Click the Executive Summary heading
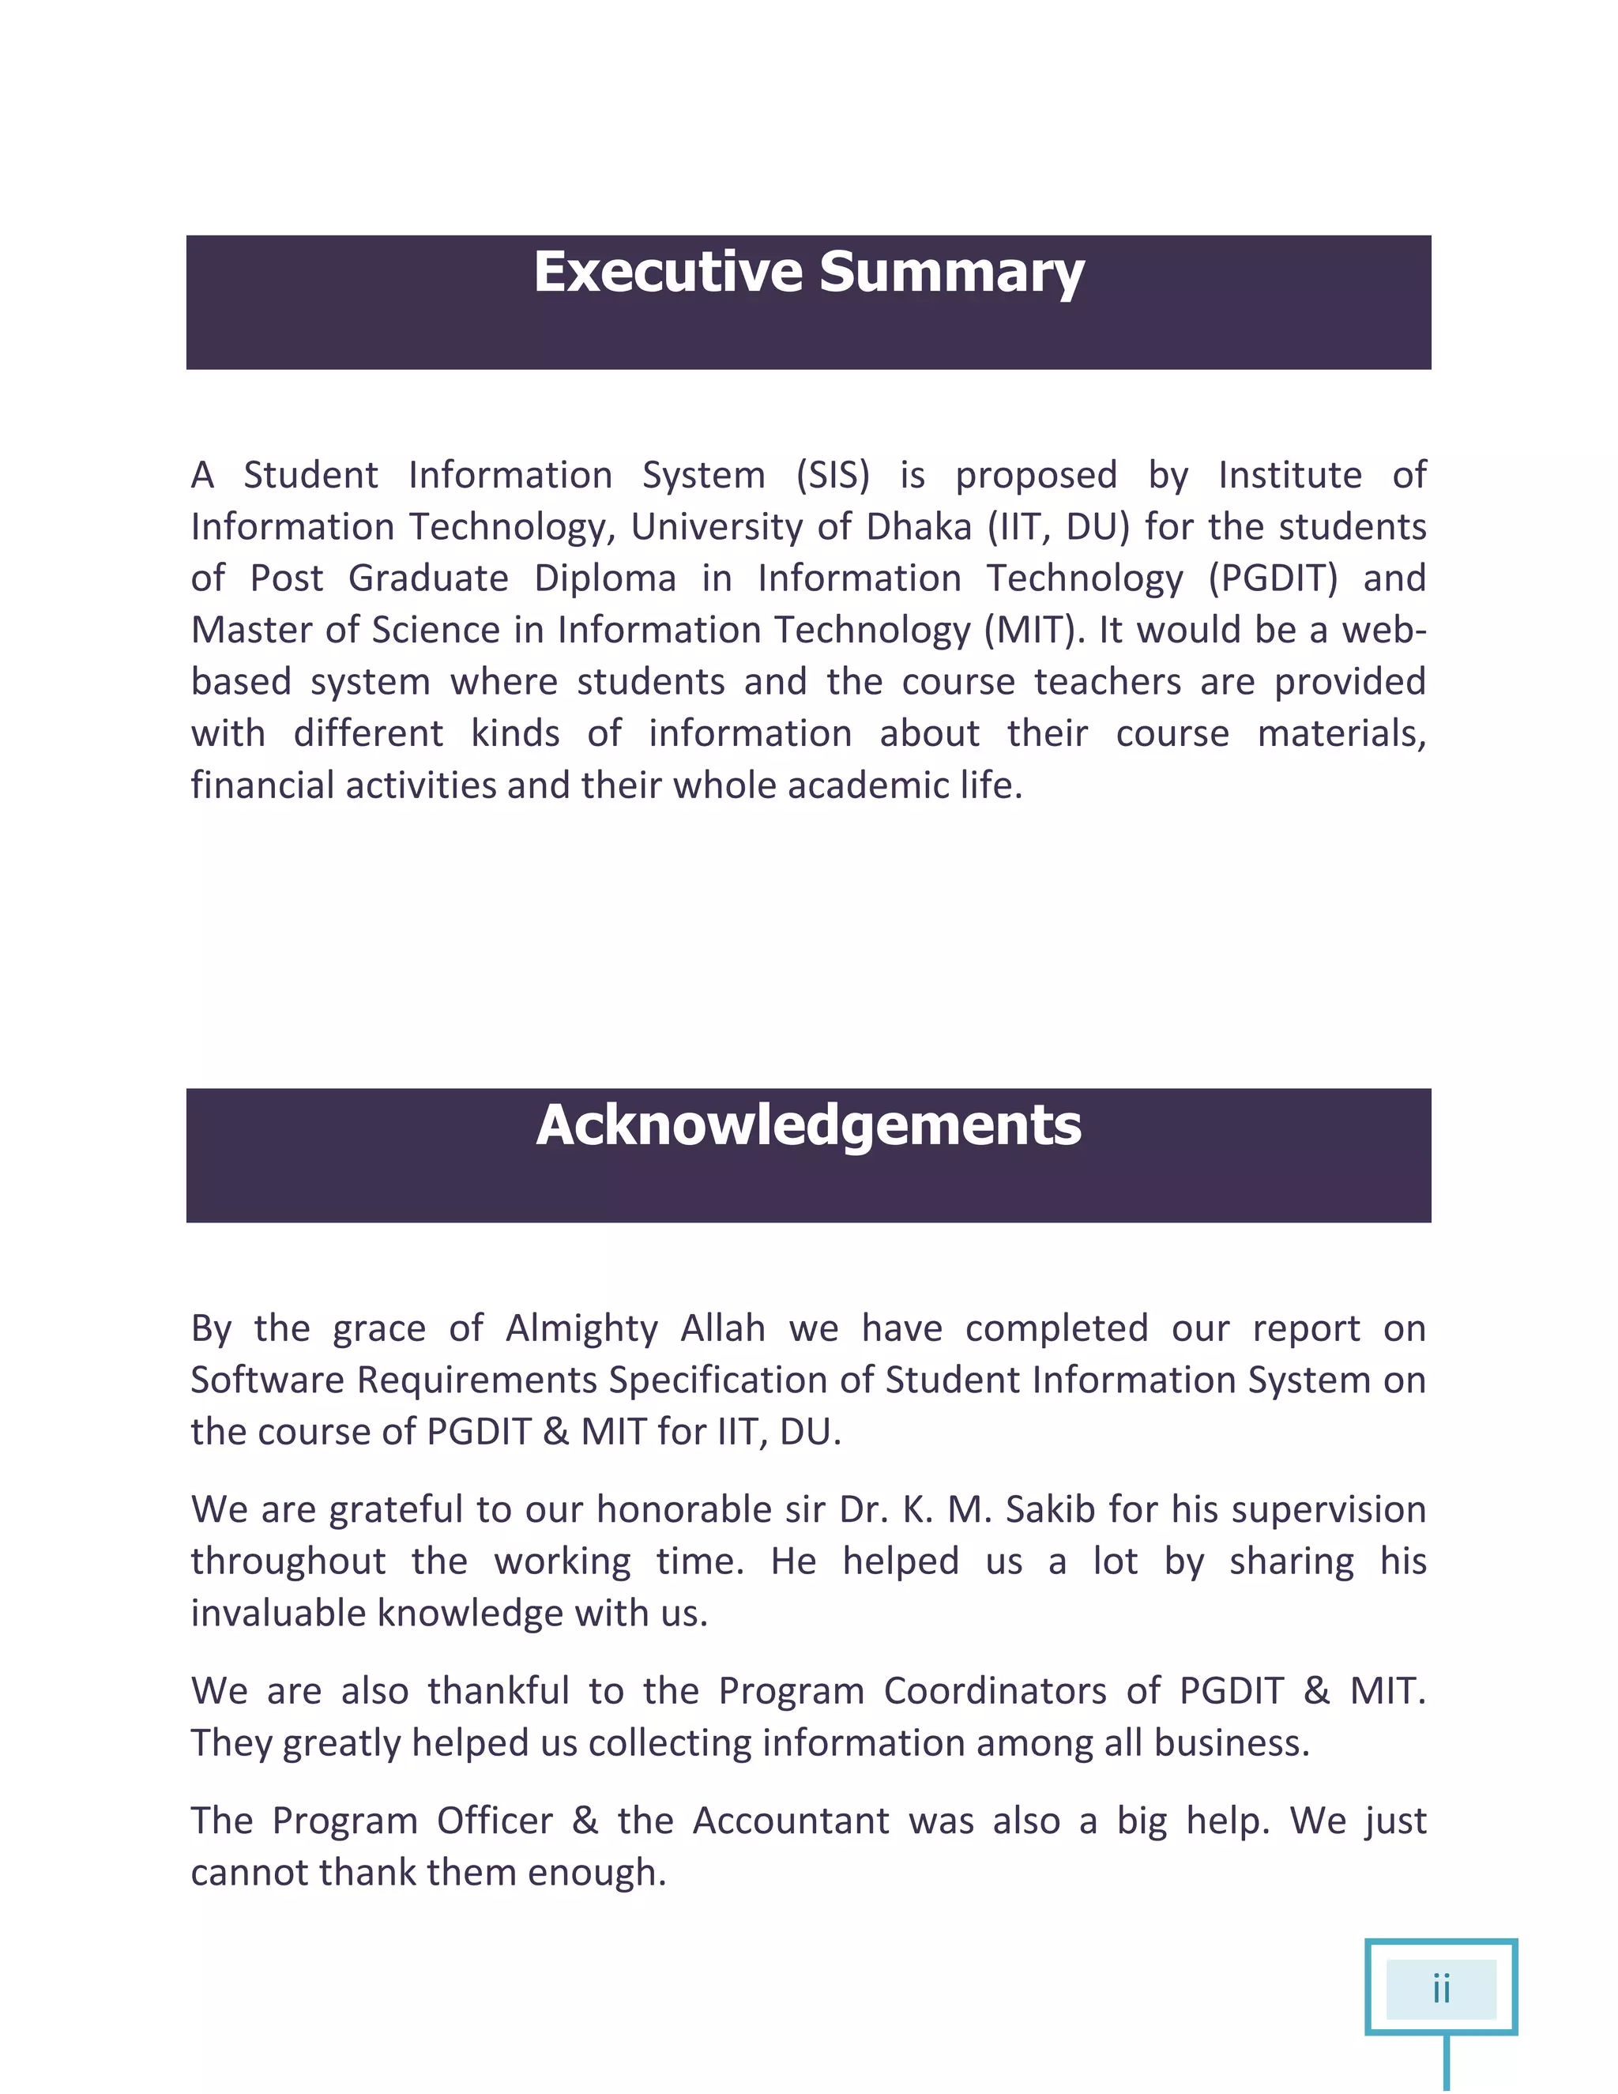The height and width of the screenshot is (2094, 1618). [x=808, y=273]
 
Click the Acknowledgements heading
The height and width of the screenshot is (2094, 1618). [x=808, y=1124]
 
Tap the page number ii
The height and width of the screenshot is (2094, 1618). [x=1441, y=1989]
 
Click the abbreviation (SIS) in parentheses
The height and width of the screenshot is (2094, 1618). [x=832, y=476]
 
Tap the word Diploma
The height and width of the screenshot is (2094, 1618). [x=605, y=579]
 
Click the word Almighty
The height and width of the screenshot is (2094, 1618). [x=581, y=1329]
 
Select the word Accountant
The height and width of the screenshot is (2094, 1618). [x=791, y=1821]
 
